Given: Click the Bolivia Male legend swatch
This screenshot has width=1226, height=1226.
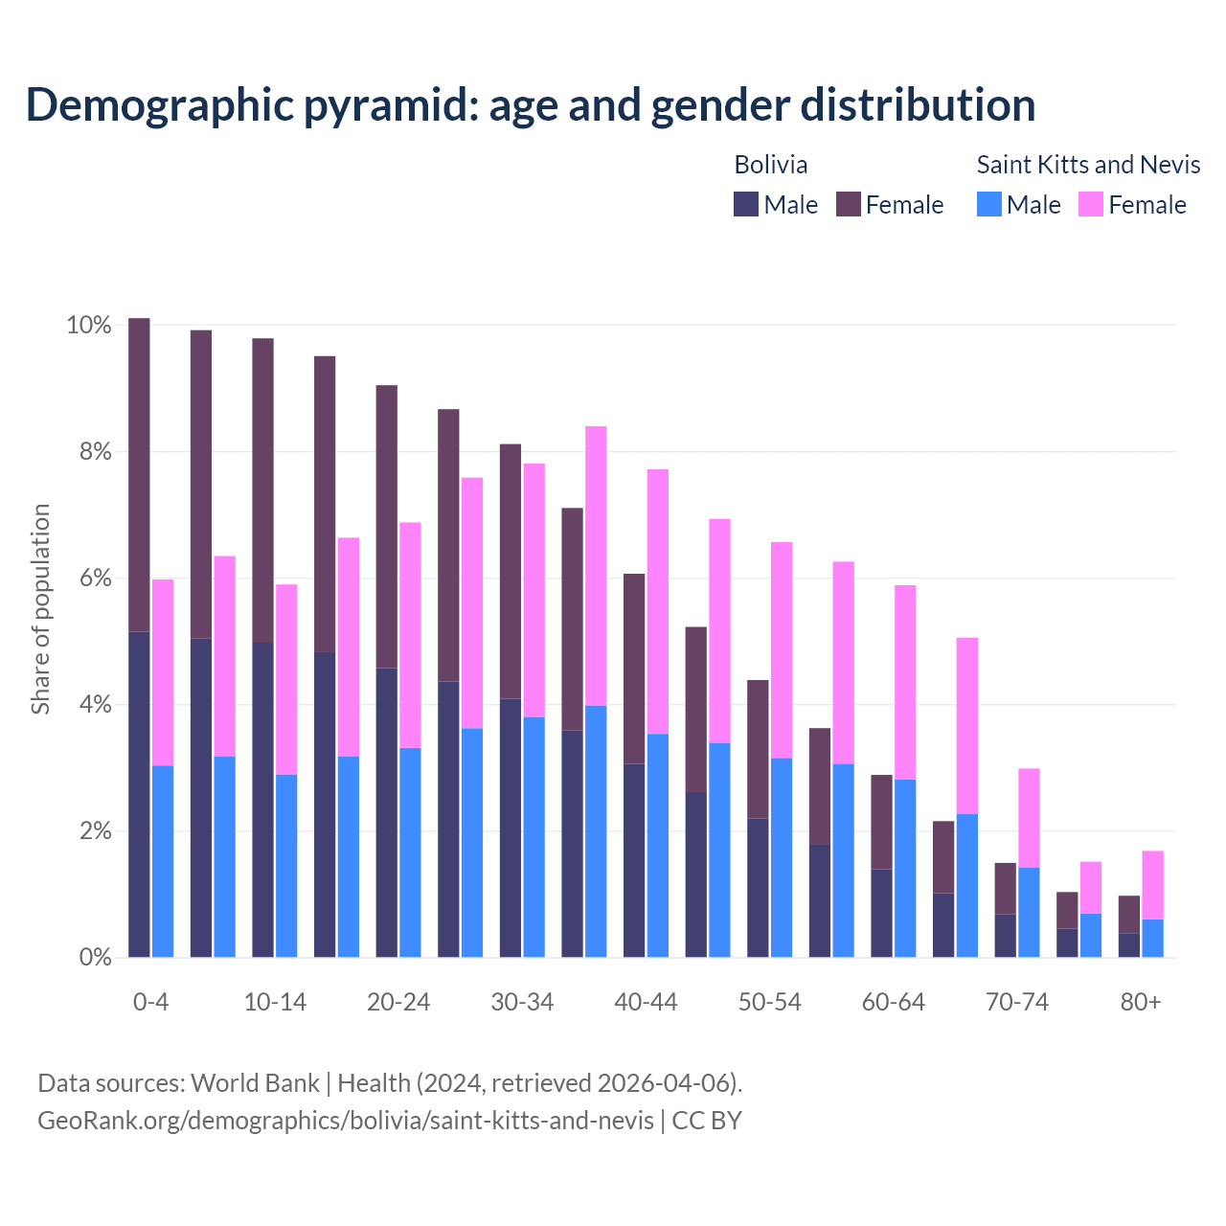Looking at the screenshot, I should click(x=746, y=204).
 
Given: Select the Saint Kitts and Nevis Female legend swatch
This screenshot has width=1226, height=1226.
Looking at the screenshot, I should click(x=1091, y=204).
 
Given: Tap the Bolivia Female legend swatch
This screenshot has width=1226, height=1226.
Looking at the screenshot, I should click(x=849, y=204).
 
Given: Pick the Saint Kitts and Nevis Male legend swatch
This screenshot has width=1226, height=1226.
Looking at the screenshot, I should click(x=989, y=204).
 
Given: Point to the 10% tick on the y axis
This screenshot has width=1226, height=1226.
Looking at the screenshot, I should click(x=89, y=326).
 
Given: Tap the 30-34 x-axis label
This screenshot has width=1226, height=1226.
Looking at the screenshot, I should click(x=522, y=1002).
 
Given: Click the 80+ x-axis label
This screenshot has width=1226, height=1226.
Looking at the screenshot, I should click(x=1141, y=1002).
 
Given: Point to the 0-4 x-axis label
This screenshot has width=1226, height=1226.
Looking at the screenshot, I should click(x=151, y=1002).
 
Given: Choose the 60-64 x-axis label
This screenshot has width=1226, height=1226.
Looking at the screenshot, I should click(x=894, y=1002).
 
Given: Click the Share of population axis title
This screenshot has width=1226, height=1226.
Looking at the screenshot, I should click(x=41, y=609).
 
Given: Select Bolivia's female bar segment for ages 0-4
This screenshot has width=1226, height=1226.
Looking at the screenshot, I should click(x=139, y=474).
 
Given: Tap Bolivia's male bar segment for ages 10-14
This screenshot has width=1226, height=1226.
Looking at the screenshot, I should click(x=262, y=800).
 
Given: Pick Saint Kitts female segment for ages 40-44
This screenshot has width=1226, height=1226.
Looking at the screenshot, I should click(x=658, y=602).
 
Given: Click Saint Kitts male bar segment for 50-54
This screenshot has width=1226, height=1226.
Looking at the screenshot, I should click(x=782, y=857).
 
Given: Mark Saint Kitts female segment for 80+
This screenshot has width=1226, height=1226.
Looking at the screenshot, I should click(x=1153, y=885).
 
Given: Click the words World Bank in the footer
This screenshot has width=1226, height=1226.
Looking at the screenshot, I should click(x=255, y=1083).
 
